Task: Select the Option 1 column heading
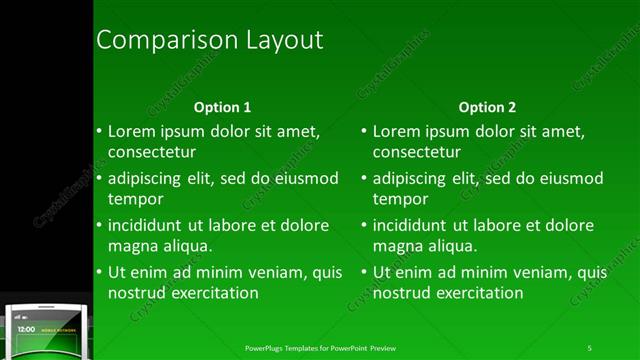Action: [x=222, y=107]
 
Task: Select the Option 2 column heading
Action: [x=487, y=107]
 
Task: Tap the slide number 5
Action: [x=590, y=347]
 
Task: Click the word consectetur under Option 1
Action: [x=151, y=152]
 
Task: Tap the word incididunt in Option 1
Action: [x=149, y=225]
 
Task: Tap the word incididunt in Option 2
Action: [x=414, y=225]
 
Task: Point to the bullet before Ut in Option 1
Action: [x=99, y=272]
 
